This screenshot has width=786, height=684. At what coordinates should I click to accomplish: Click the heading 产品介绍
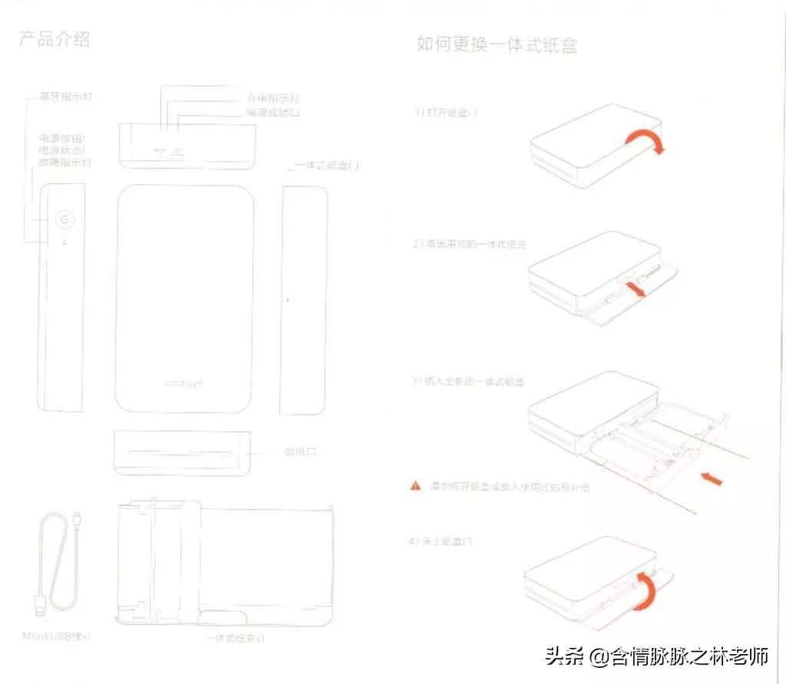tap(54, 39)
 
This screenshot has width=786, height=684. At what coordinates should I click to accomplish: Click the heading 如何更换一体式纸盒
tap(497, 44)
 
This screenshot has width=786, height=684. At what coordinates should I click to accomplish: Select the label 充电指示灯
tap(272, 98)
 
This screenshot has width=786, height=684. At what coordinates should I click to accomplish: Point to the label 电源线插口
tap(272, 113)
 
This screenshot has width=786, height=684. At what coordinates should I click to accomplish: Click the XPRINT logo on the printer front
tap(184, 383)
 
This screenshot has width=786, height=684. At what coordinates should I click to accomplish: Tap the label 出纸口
tap(300, 451)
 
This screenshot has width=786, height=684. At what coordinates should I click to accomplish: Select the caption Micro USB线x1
tap(58, 636)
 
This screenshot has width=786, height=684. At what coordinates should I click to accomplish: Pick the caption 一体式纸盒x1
tap(236, 638)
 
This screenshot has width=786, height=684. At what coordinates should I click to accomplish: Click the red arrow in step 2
tap(636, 289)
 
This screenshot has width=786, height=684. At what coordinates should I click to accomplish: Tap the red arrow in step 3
tap(712, 478)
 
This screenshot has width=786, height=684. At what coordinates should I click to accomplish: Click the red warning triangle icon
tap(415, 485)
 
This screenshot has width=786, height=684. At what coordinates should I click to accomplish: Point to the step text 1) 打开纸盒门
tap(447, 112)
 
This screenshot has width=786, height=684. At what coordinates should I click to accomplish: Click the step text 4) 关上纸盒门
tap(440, 541)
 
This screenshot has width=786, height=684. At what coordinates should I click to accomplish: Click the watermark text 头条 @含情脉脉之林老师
tap(656, 656)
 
